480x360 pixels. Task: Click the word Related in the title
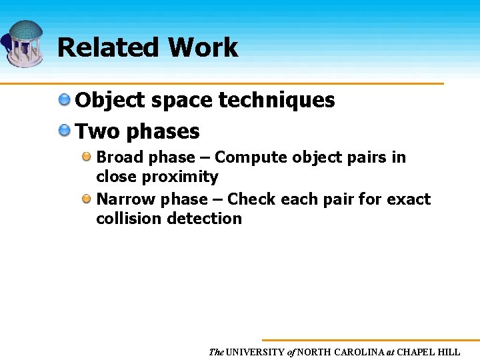click(x=108, y=48)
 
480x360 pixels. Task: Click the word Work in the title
click(x=203, y=48)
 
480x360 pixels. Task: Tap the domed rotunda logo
click(x=25, y=43)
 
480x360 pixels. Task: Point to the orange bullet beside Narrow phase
click(x=87, y=199)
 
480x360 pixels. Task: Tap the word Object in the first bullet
click(x=110, y=101)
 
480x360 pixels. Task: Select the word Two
click(x=98, y=131)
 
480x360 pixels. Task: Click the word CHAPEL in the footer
click(x=419, y=352)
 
